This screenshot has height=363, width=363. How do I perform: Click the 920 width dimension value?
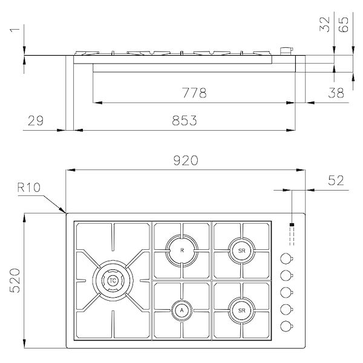185,161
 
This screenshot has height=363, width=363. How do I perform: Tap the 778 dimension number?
195,93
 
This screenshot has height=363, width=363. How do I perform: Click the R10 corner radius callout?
28,188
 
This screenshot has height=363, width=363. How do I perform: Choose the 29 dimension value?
36,120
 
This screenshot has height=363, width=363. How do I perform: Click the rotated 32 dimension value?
325,24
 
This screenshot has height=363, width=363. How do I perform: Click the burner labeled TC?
113,280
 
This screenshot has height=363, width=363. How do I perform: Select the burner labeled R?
181,249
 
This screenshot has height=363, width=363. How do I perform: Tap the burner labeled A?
181,310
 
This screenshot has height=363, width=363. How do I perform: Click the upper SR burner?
241,249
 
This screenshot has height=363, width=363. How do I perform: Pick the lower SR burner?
241,310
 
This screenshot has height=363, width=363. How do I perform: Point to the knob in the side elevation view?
285,52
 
